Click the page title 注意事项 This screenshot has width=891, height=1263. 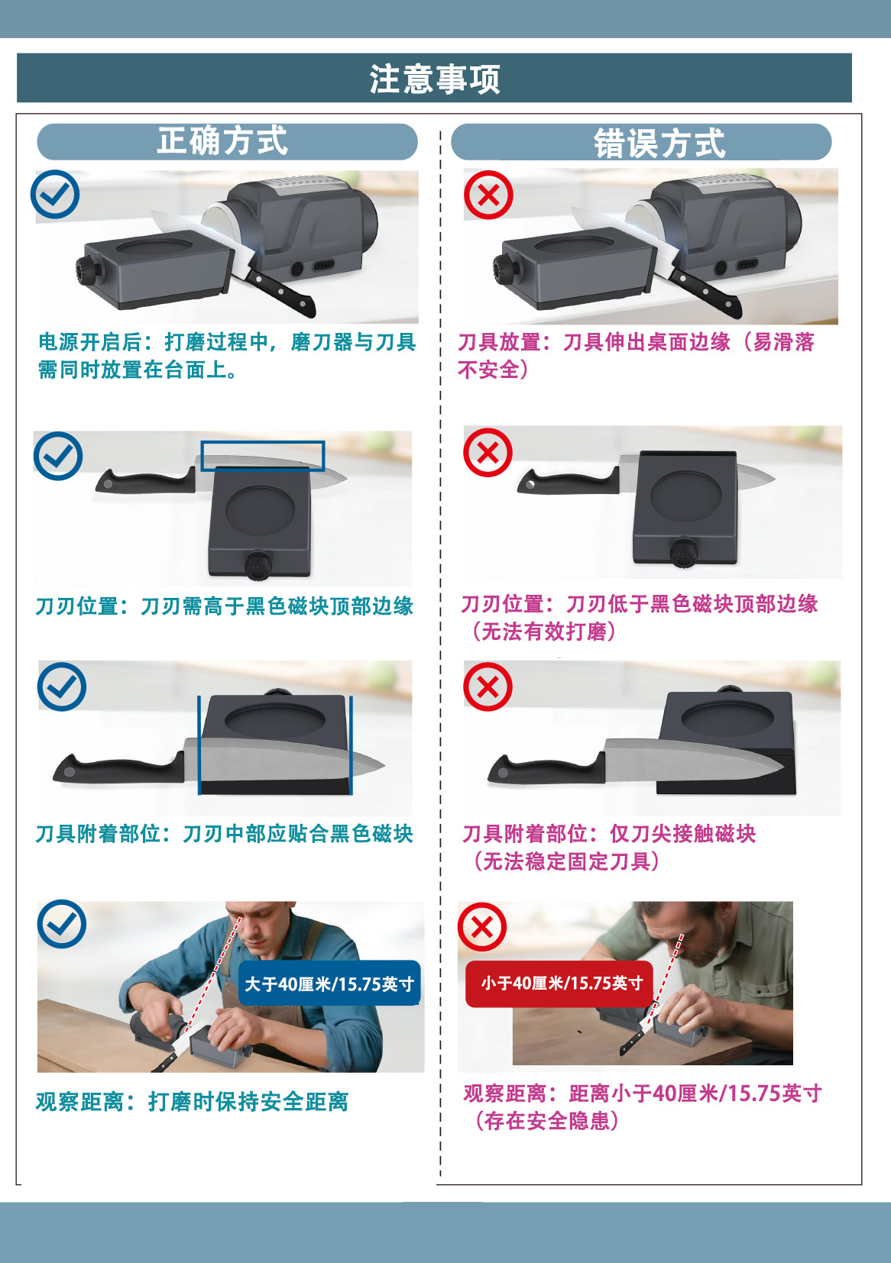click(435, 79)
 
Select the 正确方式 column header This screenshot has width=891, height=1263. click(222, 141)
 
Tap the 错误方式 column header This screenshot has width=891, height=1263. click(659, 144)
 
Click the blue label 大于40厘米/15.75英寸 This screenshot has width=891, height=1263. click(329, 984)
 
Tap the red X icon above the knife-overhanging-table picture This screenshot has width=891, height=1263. click(488, 195)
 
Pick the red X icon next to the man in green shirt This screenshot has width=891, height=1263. click(482, 927)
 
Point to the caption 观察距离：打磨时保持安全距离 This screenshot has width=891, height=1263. click(192, 1101)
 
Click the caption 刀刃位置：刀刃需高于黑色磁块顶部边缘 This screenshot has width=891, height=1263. click(225, 606)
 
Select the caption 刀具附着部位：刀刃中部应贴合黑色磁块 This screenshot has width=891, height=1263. click(225, 833)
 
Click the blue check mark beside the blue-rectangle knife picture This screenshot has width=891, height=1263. click(58, 456)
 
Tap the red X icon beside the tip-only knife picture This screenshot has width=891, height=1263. click(488, 686)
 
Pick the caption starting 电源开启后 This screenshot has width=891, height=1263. click(227, 356)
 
